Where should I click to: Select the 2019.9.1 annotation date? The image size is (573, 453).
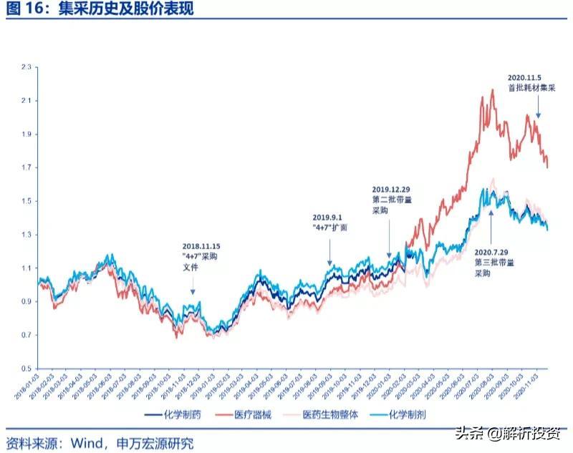pos(330,217)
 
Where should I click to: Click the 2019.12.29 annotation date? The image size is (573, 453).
pos(390,189)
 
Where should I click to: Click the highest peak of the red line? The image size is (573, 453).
pos(493,89)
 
